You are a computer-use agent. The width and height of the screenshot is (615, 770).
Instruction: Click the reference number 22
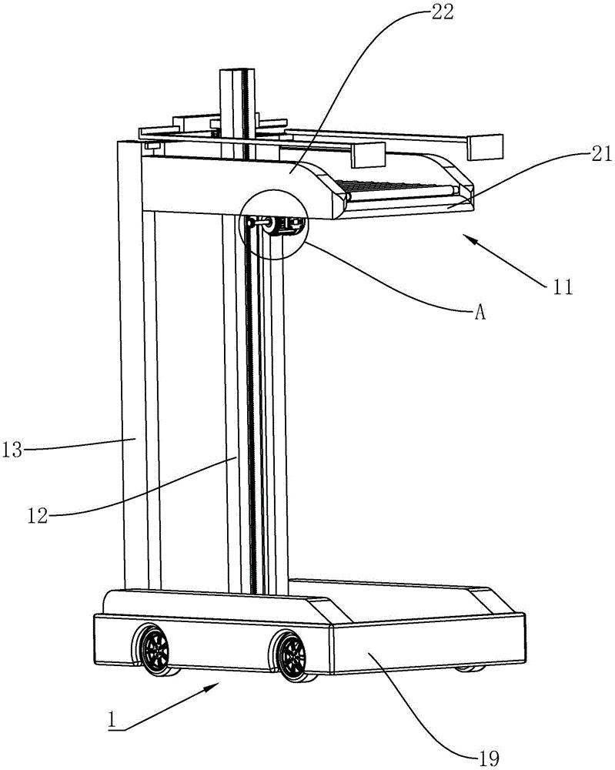(x=443, y=12)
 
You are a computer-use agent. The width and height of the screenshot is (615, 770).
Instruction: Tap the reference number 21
(x=602, y=155)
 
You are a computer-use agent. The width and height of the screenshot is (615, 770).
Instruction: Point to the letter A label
(x=480, y=313)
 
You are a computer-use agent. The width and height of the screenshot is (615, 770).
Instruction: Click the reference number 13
(x=12, y=450)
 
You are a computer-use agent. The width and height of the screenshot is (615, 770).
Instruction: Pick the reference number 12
(x=38, y=516)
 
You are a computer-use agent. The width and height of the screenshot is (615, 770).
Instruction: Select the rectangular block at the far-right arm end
(x=486, y=147)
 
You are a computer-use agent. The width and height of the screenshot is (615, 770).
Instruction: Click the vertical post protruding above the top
(x=237, y=113)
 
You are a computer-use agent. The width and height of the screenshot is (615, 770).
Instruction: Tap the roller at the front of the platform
(x=403, y=194)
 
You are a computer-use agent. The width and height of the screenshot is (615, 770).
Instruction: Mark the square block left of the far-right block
(x=367, y=156)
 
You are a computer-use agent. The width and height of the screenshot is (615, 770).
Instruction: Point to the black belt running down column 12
(x=251, y=407)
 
